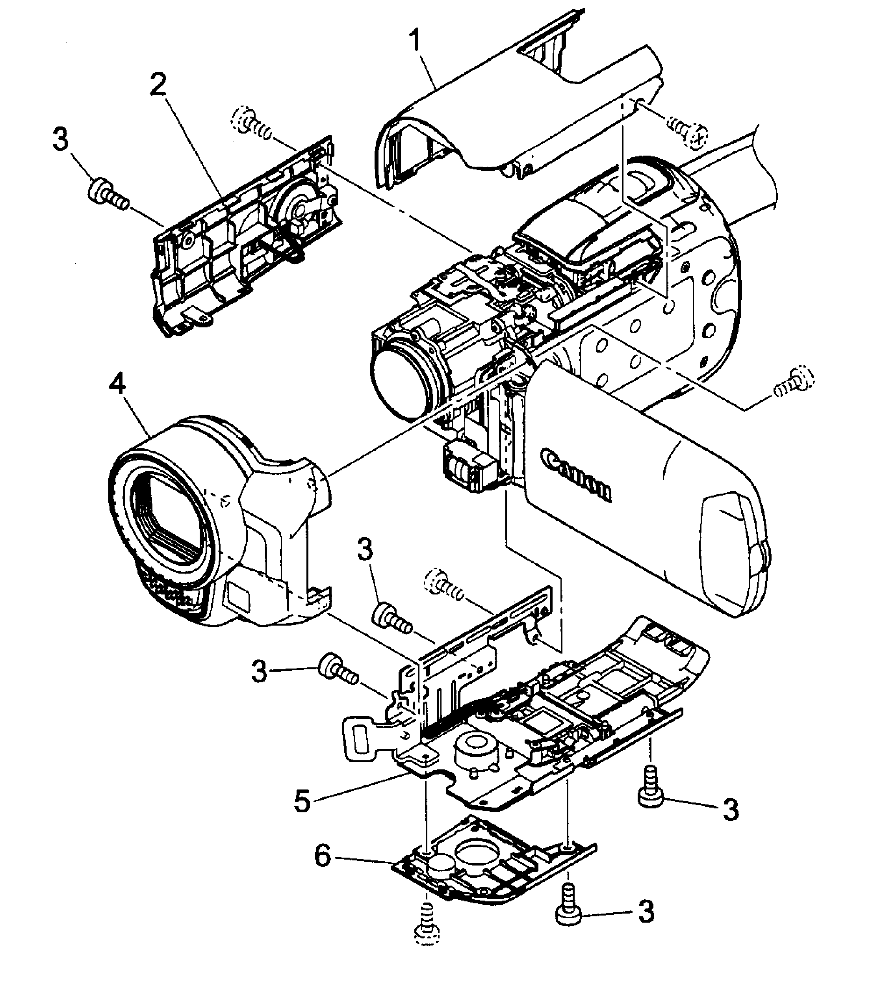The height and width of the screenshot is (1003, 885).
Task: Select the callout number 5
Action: [x=302, y=801]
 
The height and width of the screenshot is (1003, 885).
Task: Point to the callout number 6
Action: [x=322, y=857]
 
